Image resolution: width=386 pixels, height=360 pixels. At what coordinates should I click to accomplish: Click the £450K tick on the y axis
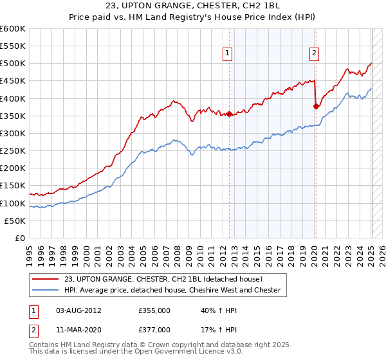(x=12, y=81)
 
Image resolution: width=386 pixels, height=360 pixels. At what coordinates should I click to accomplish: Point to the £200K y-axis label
(x=12, y=168)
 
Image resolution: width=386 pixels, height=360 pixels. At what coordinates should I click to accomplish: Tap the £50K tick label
(x=15, y=221)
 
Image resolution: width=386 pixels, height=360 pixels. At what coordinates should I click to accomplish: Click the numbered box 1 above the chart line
(x=229, y=54)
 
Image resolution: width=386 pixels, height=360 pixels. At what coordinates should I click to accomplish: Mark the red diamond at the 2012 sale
(x=229, y=114)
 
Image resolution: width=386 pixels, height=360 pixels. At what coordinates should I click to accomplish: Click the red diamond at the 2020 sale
(x=316, y=107)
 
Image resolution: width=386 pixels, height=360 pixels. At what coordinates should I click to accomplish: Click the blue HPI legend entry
(x=171, y=290)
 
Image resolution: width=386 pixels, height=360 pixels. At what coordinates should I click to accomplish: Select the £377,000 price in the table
(x=154, y=329)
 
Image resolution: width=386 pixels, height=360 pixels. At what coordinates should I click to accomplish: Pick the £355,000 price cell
(x=154, y=311)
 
